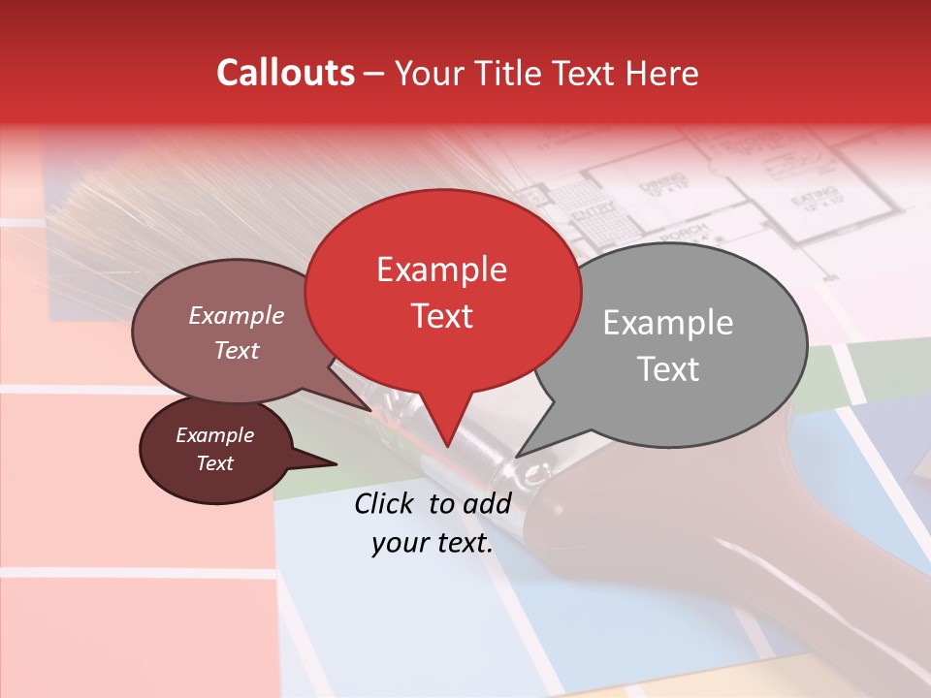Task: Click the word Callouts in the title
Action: (285, 73)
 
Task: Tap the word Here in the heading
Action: (662, 73)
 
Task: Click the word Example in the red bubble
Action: (441, 270)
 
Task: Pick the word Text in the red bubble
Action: (441, 316)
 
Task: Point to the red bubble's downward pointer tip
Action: (447, 446)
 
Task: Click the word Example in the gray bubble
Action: (667, 323)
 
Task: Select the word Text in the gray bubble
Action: (667, 369)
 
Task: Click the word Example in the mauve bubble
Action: (237, 315)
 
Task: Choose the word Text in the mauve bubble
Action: (237, 350)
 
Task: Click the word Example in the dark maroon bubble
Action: (214, 435)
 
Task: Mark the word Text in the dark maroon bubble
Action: (214, 463)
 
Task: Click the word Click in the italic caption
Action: (385, 503)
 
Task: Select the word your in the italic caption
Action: (400, 544)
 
